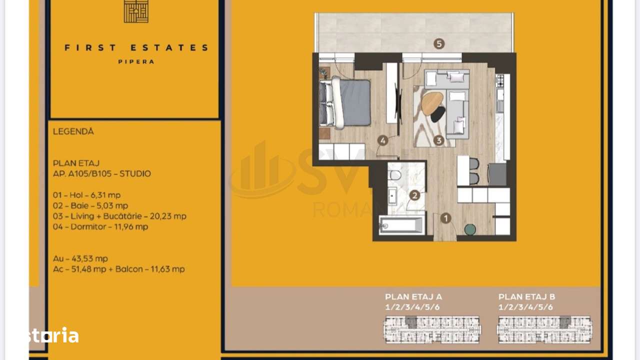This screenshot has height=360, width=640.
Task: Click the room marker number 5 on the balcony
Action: point(439,43)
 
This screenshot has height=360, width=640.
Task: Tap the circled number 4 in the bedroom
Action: point(383,140)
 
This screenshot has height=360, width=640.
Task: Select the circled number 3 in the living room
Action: point(438,140)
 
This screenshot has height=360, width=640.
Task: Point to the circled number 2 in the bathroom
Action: point(413,195)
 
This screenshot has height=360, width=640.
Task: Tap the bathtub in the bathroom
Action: point(402,225)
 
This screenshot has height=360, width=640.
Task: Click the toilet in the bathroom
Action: point(394,175)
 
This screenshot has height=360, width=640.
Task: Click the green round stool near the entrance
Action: point(470,229)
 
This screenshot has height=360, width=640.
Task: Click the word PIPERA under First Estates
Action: point(136,61)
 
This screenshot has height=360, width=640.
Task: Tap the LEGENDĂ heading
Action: point(73,131)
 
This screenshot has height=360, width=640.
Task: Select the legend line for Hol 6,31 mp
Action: point(86,195)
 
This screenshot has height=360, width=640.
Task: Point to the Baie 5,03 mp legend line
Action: point(90,205)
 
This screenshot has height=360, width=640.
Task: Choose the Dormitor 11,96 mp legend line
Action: point(100,226)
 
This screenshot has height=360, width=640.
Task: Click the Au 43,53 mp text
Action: point(80,258)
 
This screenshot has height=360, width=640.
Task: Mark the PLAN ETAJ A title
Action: point(413,296)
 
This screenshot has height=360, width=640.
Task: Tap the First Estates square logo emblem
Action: point(136,11)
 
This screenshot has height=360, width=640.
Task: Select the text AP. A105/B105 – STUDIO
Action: point(102,173)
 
